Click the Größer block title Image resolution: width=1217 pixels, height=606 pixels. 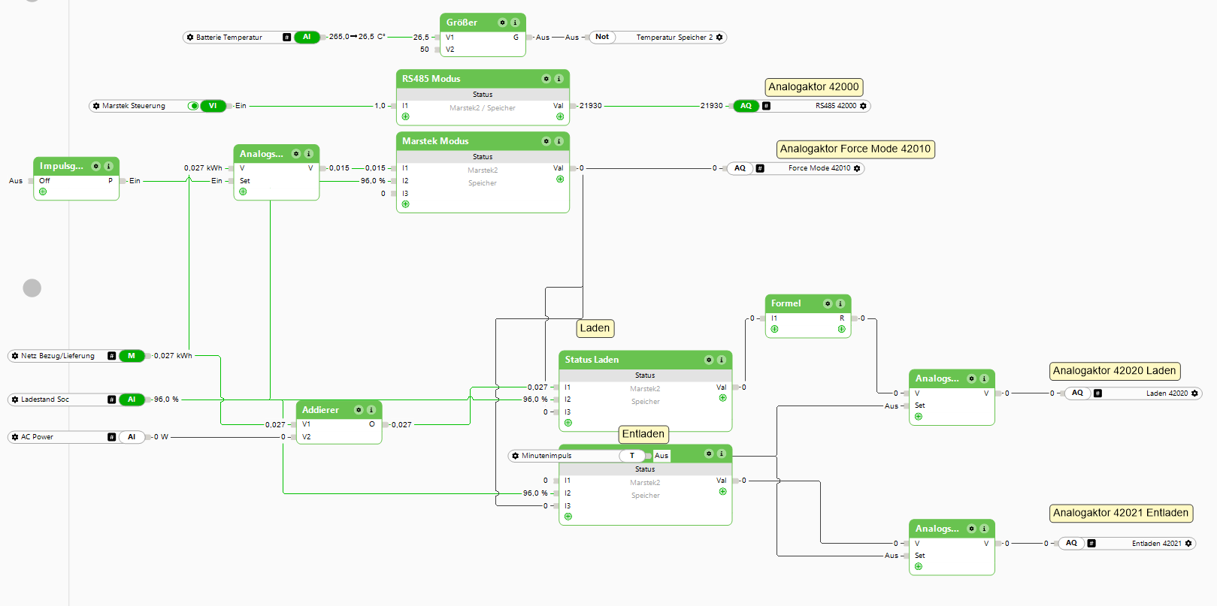[462, 23]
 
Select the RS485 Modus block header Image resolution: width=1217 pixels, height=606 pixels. [431, 79]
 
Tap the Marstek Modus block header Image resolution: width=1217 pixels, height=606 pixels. [435, 141]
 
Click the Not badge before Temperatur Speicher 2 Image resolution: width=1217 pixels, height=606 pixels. [602, 37]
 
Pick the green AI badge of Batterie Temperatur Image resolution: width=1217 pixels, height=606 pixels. [307, 37]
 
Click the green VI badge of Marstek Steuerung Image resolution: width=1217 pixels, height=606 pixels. [213, 106]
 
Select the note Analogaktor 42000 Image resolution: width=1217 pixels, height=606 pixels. [813, 87]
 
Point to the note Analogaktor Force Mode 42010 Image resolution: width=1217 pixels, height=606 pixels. [855, 149]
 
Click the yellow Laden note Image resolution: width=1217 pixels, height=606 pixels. [595, 328]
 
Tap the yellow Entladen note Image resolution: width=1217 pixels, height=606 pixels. [643, 434]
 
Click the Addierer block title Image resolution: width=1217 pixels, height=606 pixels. [320, 410]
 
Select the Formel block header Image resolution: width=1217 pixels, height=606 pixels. [786, 303]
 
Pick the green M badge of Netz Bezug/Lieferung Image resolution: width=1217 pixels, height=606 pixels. [132, 356]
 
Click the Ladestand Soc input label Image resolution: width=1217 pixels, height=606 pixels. [45, 399]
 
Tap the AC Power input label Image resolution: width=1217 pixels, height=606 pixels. [37, 437]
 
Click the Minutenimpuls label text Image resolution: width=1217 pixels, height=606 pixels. [546, 456]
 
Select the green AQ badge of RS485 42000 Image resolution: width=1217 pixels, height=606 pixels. [746, 106]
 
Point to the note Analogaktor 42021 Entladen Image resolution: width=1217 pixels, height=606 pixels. [1121, 513]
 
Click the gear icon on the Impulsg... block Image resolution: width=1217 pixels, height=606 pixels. [95, 166]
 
